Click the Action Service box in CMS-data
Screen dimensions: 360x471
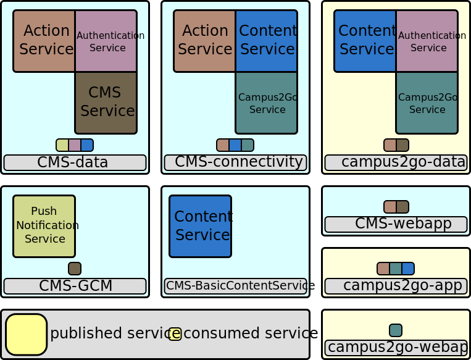point(44,41)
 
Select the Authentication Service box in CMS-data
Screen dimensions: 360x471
point(106,41)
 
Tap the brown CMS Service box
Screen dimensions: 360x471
point(106,103)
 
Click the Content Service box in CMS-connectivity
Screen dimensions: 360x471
point(266,41)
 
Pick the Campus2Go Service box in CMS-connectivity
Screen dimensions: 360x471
point(266,103)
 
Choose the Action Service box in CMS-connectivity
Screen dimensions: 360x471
point(204,41)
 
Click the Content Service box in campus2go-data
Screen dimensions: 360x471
point(365,41)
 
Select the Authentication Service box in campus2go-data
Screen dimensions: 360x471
point(427,41)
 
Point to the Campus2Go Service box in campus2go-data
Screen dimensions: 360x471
point(427,103)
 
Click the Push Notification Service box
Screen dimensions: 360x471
point(44,226)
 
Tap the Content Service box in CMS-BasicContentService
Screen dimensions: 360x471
point(201,226)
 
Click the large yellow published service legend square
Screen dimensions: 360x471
point(27,334)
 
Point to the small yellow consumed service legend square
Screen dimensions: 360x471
point(175,334)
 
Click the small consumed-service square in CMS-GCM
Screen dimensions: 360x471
point(75,269)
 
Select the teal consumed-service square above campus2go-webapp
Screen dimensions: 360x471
point(396,330)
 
